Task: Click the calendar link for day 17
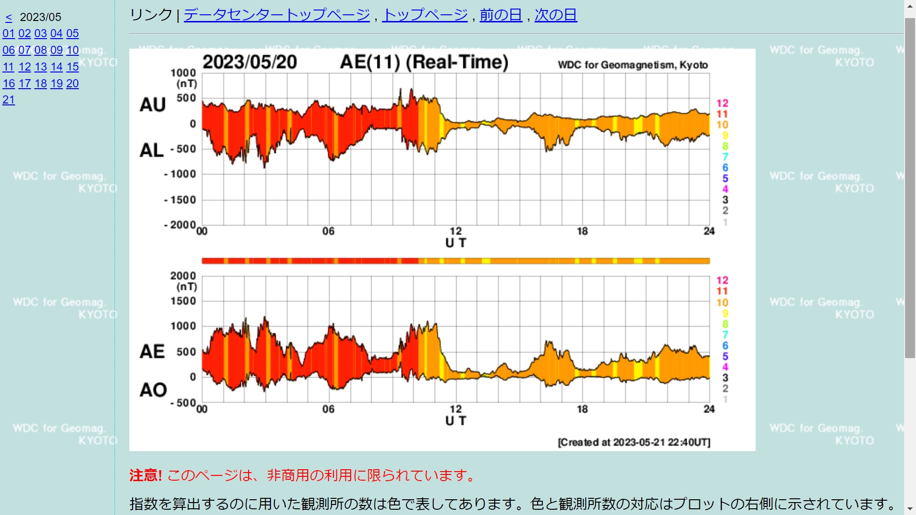25,83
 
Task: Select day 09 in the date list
57,50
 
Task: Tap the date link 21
9,100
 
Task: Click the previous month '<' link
9,18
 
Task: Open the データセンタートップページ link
277,15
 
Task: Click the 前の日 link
501,15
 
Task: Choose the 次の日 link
556,15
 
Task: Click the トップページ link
425,15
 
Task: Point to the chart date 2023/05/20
250,62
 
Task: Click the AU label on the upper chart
153,105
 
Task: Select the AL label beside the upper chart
152,151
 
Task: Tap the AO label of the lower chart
153,390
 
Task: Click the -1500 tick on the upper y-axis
180,200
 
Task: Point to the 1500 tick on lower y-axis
183,301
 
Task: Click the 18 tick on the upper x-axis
582,231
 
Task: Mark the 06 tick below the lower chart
328,409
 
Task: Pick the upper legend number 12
722,103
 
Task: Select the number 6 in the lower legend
725,345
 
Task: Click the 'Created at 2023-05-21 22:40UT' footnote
634,442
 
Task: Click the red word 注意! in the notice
146,475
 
